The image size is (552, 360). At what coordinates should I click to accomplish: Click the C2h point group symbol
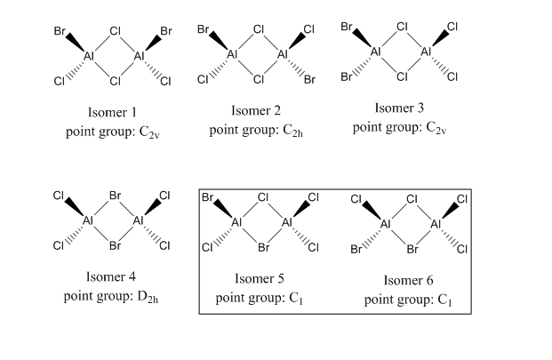(x=294, y=132)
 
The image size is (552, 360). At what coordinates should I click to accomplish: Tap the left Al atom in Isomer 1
(x=89, y=56)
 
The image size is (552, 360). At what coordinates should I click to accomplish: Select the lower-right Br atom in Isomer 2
(x=309, y=81)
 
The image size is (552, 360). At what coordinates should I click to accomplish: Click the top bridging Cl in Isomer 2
(x=259, y=29)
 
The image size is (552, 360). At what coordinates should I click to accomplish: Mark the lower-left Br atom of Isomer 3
(x=348, y=76)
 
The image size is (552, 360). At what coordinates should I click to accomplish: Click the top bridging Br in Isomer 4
(x=115, y=196)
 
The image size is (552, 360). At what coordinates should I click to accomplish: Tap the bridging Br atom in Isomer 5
(x=262, y=246)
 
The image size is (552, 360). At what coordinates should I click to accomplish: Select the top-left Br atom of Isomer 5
(x=207, y=196)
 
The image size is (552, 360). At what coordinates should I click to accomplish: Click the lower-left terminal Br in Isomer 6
(x=356, y=249)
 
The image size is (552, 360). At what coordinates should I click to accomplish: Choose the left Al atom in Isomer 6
(x=385, y=223)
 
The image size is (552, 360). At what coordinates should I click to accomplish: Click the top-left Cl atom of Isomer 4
(x=59, y=196)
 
